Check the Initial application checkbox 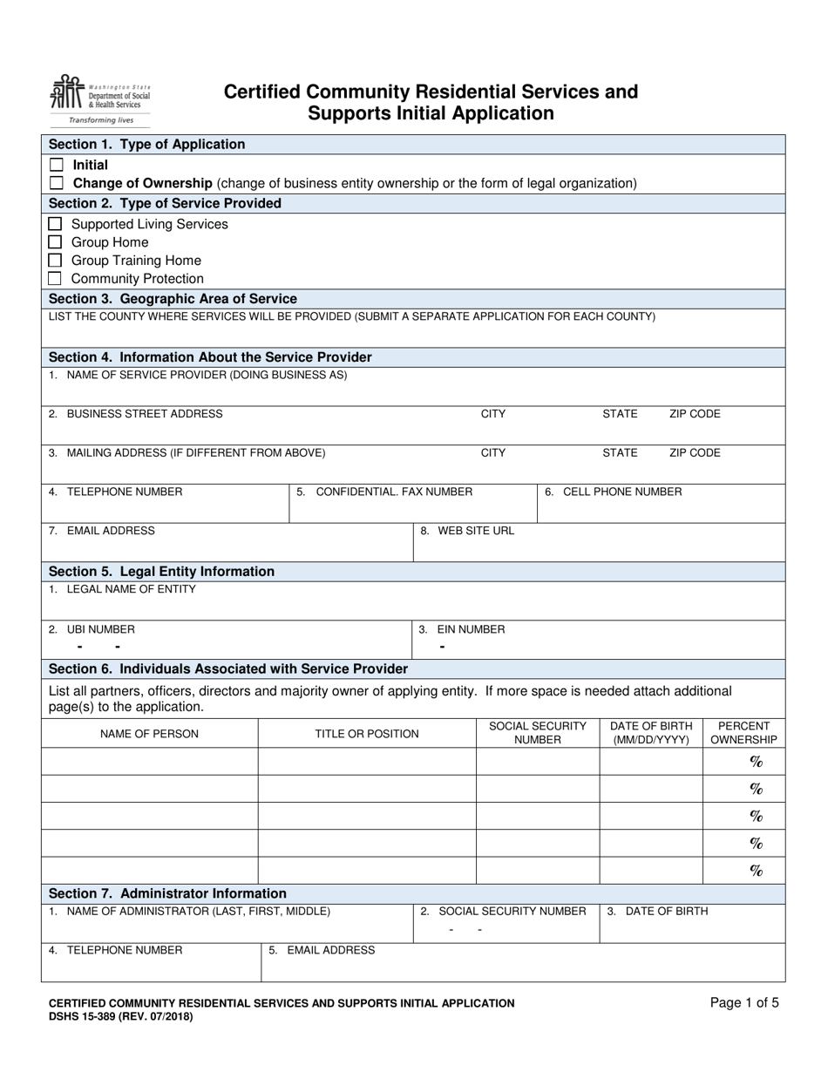(57, 165)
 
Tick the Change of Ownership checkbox (57, 183)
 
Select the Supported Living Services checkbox (55, 224)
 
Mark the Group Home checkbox (55, 242)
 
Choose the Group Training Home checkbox (55, 261)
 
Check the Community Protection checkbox (55, 279)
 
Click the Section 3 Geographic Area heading (173, 298)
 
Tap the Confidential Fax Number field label (384, 492)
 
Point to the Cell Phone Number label (614, 492)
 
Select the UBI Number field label (92, 629)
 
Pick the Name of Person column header (149, 734)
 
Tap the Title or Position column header (367, 734)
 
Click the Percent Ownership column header (743, 733)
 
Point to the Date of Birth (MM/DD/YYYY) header (651, 733)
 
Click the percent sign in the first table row (756, 762)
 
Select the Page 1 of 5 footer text (744, 1002)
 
